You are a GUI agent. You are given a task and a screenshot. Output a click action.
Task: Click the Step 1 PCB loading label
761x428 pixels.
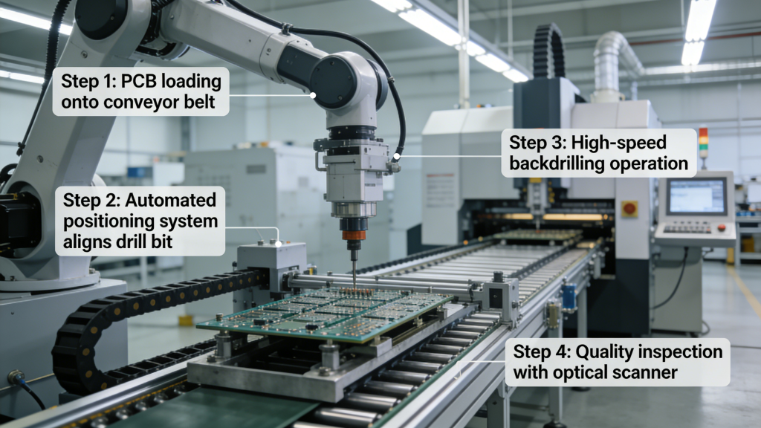tap(140, 91)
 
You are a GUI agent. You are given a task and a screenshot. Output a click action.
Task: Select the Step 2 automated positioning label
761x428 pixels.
tap(140, 221)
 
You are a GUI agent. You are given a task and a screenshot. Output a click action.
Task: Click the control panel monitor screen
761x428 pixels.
tap(696, 196)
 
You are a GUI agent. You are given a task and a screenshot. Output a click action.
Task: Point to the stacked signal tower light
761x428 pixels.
tap(703, 143)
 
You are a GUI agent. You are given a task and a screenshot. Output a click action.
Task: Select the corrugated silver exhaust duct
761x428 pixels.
tap(609, 63)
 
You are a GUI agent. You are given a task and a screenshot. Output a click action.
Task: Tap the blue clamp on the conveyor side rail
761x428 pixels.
tap(569, 296)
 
